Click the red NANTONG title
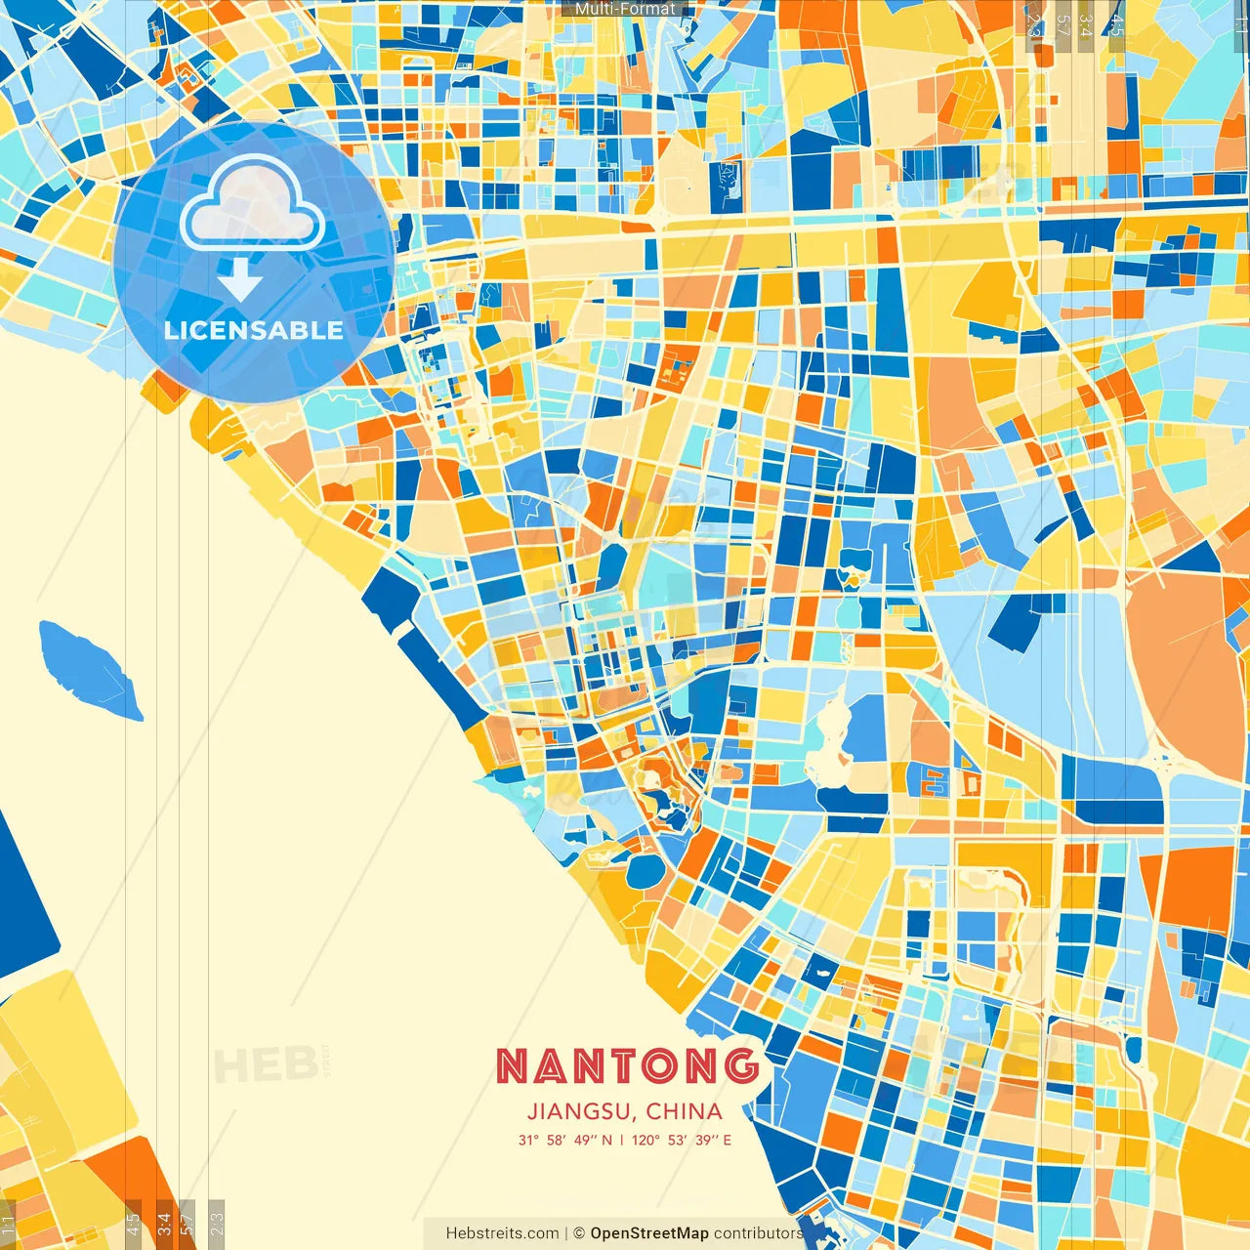pos(628,1066)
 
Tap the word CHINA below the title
pos(684,1111)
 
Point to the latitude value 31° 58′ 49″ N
pos(564,1140)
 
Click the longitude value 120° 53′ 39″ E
pos(682,1140)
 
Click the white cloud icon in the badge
pos(253,204)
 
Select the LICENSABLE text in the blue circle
pos(253,330)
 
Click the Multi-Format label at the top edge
pos(625,9)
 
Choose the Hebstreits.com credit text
pos(502,1233)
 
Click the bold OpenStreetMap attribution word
pos(649,1233)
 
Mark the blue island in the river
pos(90,669)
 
